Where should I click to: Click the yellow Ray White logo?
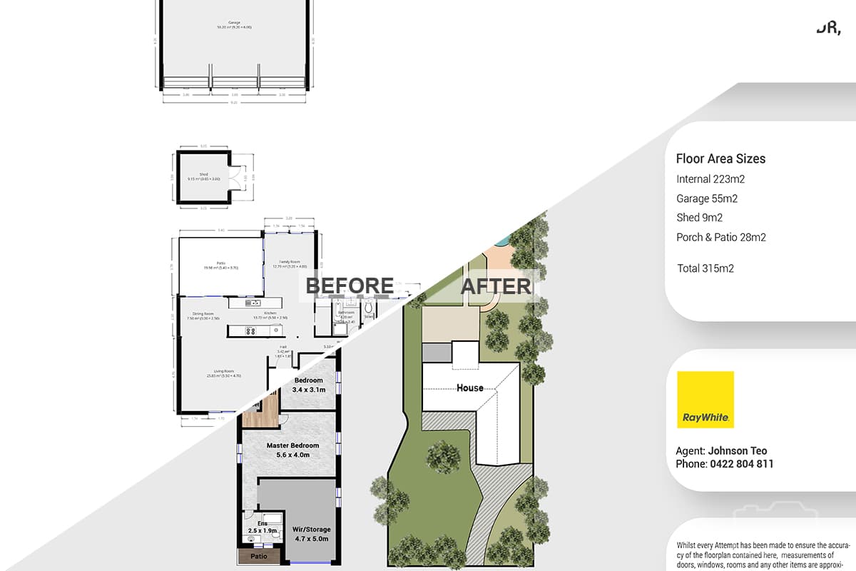[705, 400]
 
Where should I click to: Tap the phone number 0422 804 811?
[741, 464]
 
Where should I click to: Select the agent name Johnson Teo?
[738, 450]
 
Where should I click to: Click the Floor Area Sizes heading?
[720, 159]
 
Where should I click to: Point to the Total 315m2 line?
[705, 268]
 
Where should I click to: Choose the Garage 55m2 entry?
[706, 198]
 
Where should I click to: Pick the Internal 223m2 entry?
[710, 179]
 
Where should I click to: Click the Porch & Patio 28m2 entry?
[720, 237]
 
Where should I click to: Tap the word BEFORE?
[350, 285]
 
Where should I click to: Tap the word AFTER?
[496, 286]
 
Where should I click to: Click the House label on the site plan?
[469, 388]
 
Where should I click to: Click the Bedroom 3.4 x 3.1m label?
[309, 385]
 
